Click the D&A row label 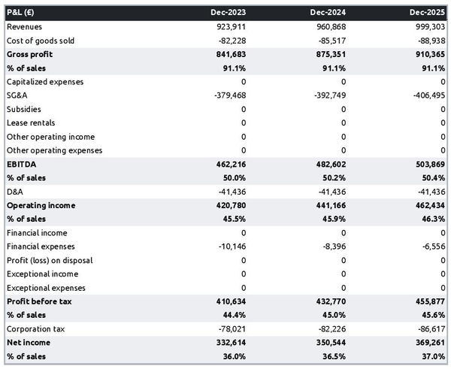[16, 192]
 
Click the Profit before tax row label [37, 301]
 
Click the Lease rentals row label [31, 122]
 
